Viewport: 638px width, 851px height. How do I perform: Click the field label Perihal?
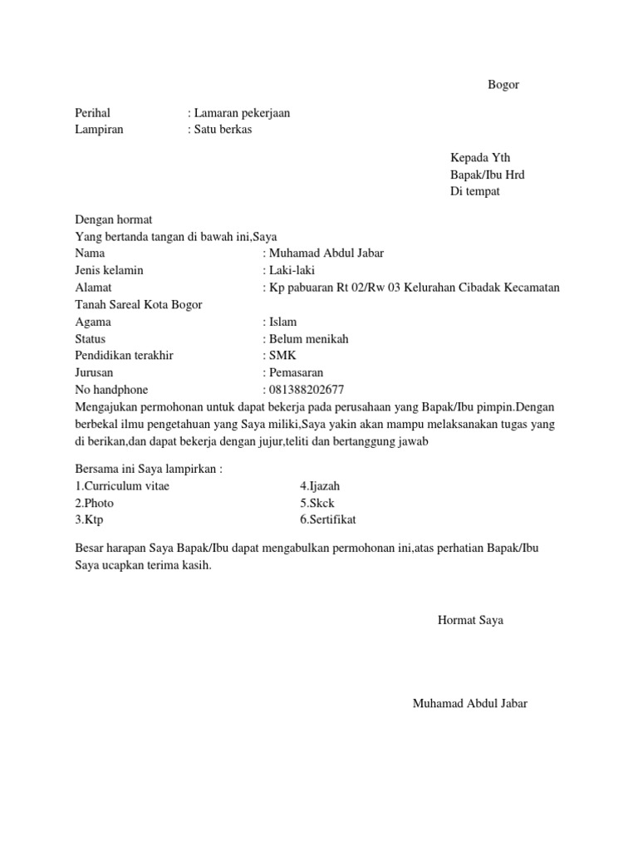point(92,113)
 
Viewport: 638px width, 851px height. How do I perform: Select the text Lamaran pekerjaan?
point(242,113)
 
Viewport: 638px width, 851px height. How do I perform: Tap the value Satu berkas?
point(223,130)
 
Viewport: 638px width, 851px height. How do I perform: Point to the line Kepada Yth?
point(480,158)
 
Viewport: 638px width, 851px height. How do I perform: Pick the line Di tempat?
point(475,192)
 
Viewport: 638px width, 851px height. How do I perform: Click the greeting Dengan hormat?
point(114,220)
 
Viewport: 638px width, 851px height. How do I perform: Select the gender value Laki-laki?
point(291,270)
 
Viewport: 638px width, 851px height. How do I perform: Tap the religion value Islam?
point(282,322)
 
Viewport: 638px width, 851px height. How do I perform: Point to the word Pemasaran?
point(296,373)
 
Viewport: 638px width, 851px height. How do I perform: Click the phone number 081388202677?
point(306,390)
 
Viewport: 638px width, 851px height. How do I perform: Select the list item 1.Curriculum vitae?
point(122,486)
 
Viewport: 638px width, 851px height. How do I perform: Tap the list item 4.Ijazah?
point(320,486)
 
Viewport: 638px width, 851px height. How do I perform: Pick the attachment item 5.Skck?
point(317,503)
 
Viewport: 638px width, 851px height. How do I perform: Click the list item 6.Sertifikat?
point(328,520)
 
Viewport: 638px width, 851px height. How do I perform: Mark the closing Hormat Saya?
point(470,620)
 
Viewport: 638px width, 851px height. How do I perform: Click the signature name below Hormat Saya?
point(469,704)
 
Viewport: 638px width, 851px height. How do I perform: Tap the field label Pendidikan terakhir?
point(124,356)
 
